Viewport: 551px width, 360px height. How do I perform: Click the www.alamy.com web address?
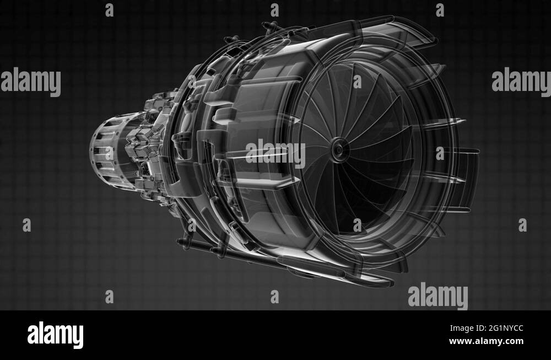click(487, 341)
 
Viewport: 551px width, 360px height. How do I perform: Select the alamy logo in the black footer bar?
click(55, 335)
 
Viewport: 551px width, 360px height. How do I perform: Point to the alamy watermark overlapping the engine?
click(275, 154)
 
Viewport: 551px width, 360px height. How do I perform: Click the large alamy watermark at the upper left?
click(30, 82)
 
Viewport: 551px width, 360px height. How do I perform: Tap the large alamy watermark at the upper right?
click(521, 82)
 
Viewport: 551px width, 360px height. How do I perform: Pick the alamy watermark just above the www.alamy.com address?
click(438, 296)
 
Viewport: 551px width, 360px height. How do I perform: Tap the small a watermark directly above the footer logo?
click(109, 297)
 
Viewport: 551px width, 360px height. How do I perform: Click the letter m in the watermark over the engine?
click(284, 154)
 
